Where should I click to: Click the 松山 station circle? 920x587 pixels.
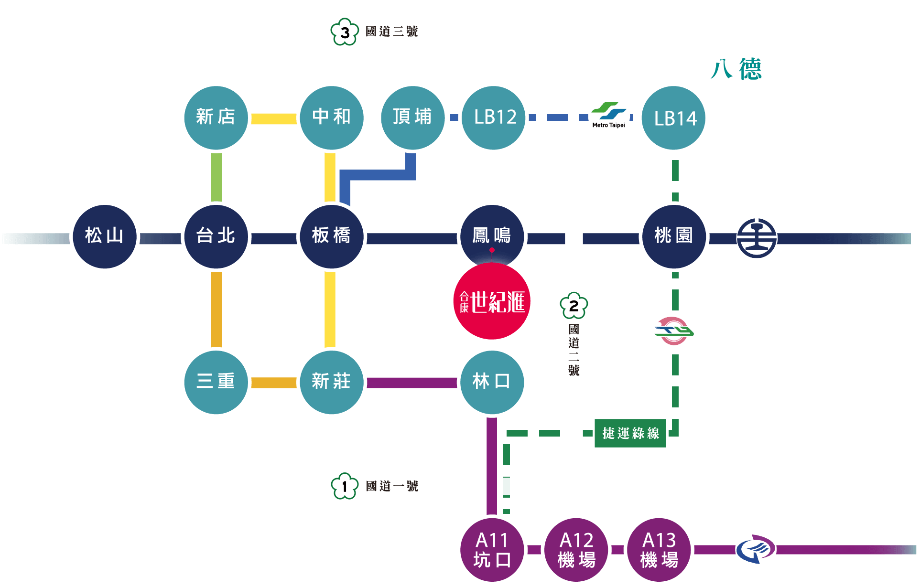pos(104,236)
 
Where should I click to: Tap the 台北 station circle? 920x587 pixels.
pos(216,236)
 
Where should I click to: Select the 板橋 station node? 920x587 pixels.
pos(332,236)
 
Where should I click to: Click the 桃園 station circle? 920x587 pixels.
pos(674,236)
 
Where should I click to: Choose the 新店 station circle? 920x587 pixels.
pos(216,117)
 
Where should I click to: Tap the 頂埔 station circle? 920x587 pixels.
pos(412,117)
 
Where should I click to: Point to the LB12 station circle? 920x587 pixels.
pos(494,117)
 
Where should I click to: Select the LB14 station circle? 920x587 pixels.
pos(674,117)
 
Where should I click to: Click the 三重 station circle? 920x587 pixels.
pos(216,382)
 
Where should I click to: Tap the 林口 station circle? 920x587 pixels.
pos(492,382)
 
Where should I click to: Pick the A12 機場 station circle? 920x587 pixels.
pos(576,550)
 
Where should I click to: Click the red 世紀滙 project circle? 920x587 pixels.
pos(492,302)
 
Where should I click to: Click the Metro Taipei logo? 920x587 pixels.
pos(608,116)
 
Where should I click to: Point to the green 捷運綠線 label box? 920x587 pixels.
pos(630,433)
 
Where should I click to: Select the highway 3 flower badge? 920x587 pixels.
pos(345,32)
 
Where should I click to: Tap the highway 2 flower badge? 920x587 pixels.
pos(574,306)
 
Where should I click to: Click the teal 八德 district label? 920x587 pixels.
pos(736,69)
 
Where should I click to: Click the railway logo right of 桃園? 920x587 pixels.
pos(757,238)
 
